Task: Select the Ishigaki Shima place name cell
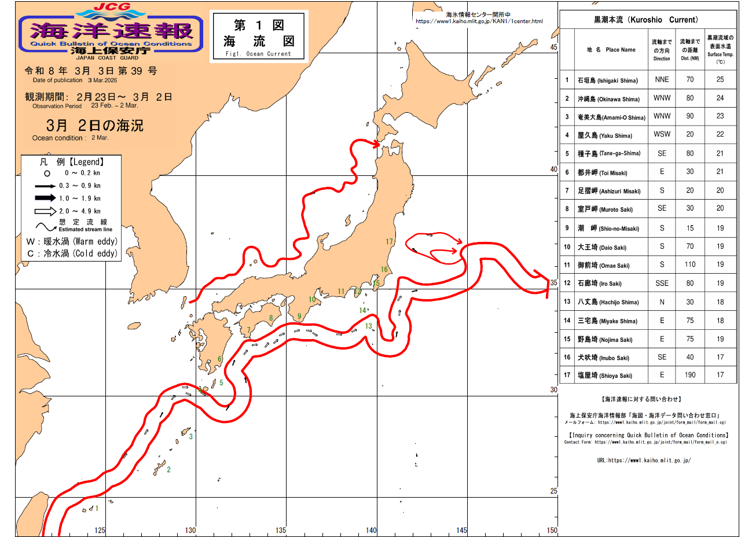607,80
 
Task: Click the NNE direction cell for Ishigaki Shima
662,80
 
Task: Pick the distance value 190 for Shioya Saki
689,375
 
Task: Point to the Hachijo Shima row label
607,302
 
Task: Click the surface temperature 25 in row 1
720,80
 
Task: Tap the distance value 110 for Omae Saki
689,264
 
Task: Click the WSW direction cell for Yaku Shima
662,135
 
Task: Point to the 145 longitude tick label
462,530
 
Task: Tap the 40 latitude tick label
553,170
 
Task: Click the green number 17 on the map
389,241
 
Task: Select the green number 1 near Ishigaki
97,509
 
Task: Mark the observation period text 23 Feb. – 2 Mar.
115,106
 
